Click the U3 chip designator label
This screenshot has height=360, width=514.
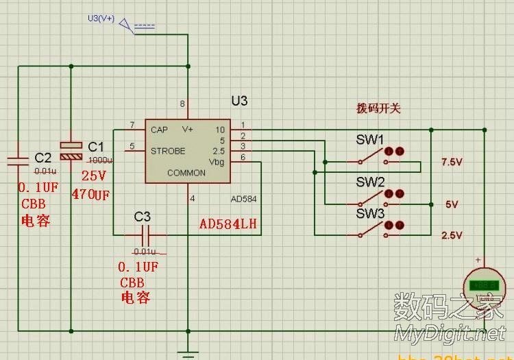click(239, 101)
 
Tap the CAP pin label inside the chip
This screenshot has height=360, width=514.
click(159, 130)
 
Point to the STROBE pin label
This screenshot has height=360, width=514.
click(168, 151)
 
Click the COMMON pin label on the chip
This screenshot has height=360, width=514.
click(186, 173)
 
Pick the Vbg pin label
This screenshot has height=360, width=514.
click(217, 162)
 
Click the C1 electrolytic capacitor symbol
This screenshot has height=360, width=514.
click(72, 151)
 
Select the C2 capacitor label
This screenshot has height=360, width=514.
click(42, 158)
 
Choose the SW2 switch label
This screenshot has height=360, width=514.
click(369, 182)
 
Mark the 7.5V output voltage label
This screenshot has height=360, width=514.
click(453, 162)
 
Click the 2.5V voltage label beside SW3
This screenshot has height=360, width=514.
click(453, 235)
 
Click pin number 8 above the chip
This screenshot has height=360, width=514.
click(182, 104)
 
